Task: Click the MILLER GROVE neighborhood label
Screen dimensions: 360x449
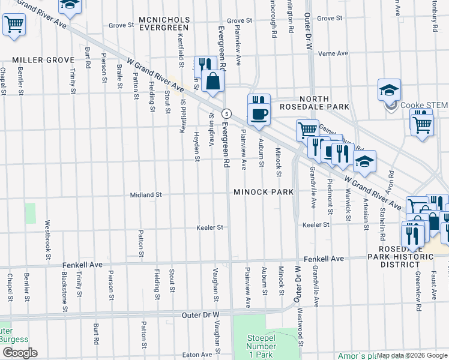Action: [43, 60]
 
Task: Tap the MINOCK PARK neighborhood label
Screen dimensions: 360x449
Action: [264, 192]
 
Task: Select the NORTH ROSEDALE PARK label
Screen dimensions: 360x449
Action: [319, 103]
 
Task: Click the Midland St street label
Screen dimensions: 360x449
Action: [146, 195]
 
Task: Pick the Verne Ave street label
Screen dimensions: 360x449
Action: [333, 53]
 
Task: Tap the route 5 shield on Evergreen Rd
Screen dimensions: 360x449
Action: [226, 113]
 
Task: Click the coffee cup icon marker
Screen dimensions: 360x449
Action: [259, 114]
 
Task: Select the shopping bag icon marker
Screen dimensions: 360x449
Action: [212, 80]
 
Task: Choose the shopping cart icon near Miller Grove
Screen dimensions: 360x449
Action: [13, 25]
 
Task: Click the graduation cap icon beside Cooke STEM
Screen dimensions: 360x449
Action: [389, 90]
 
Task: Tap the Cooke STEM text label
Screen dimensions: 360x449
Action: [424, 105]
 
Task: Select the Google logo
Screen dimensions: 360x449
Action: [20, 353]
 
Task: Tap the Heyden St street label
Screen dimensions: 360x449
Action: [197, 147]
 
